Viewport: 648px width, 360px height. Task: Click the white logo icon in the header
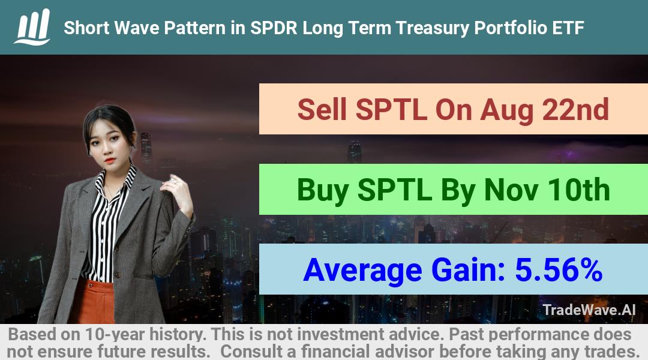click(32, 27)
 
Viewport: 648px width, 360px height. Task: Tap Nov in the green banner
click(511, 190)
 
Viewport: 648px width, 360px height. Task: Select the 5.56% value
click(559, 270)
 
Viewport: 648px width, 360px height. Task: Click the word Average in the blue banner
click(362, 271)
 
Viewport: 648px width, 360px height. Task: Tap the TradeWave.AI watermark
click(589, 310)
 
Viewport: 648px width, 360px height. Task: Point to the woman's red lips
click(109, 160)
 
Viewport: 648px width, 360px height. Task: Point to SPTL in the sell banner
click(391, 110)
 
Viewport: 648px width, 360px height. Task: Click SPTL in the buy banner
click(395, 190)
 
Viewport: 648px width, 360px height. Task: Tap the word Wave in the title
click(136, 28)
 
